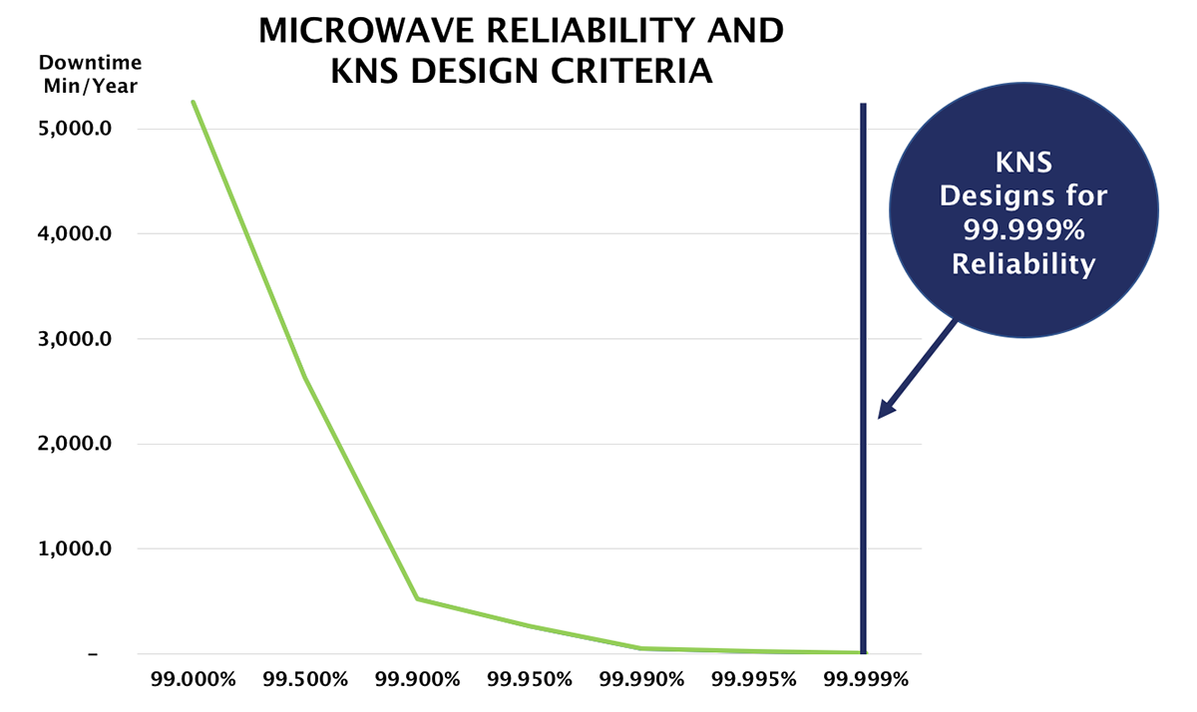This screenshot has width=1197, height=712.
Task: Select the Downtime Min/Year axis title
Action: [x=90, y=75]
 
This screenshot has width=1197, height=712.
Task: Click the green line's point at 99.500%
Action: [x=304, y=378]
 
